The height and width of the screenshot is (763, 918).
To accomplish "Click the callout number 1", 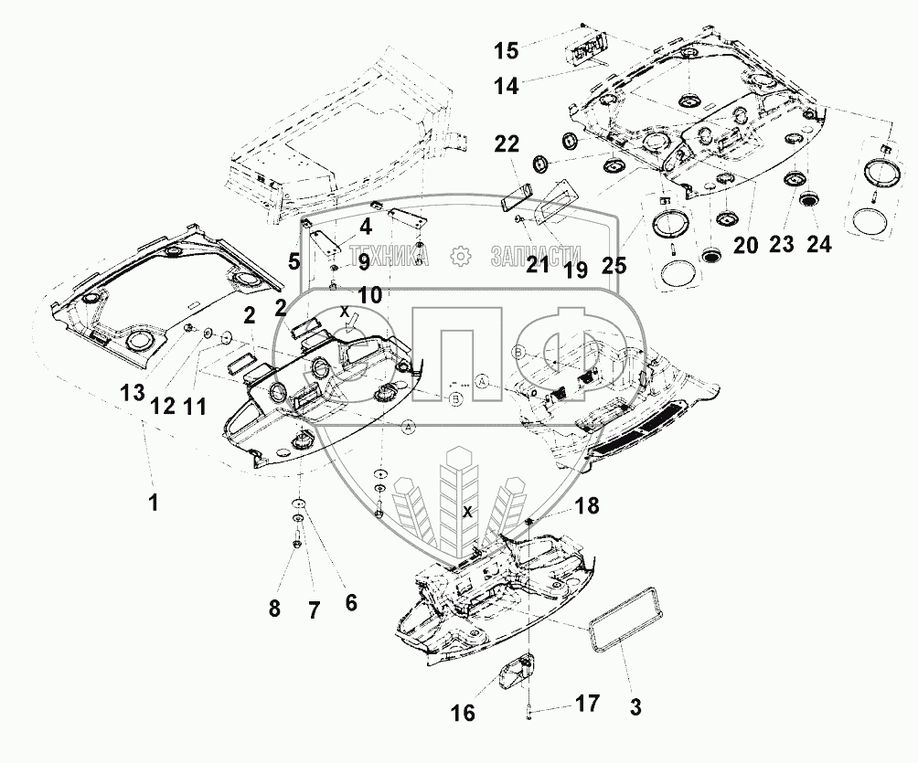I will pos(154,501).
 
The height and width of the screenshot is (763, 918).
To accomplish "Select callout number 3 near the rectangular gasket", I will pos(635,706).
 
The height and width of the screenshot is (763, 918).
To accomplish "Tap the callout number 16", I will pos(464,713).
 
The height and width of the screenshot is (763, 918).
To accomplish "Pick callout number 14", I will pos(507,86).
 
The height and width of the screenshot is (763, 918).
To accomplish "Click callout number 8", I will pos(275,608).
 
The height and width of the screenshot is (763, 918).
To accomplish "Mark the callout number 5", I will pos(294,262).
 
